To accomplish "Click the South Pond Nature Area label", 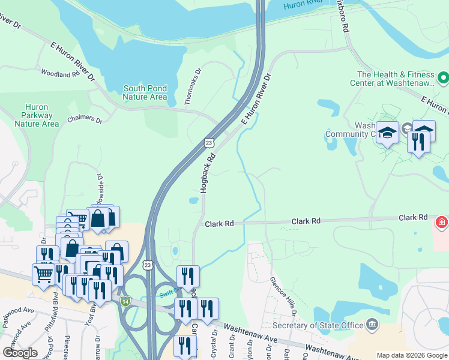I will coord(145,92).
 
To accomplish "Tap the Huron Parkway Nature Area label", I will coord(37,115).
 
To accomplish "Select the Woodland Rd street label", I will coord(60,73).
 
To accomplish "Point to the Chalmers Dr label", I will coord(85,120).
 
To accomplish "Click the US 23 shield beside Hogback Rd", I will coord(208,142).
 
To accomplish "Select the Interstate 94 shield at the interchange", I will coord(125,300).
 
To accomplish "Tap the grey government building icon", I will coord(373,325).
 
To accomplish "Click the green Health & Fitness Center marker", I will coord(443,78).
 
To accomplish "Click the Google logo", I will coord(20,352).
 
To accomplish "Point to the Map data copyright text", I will coord(411,355).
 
